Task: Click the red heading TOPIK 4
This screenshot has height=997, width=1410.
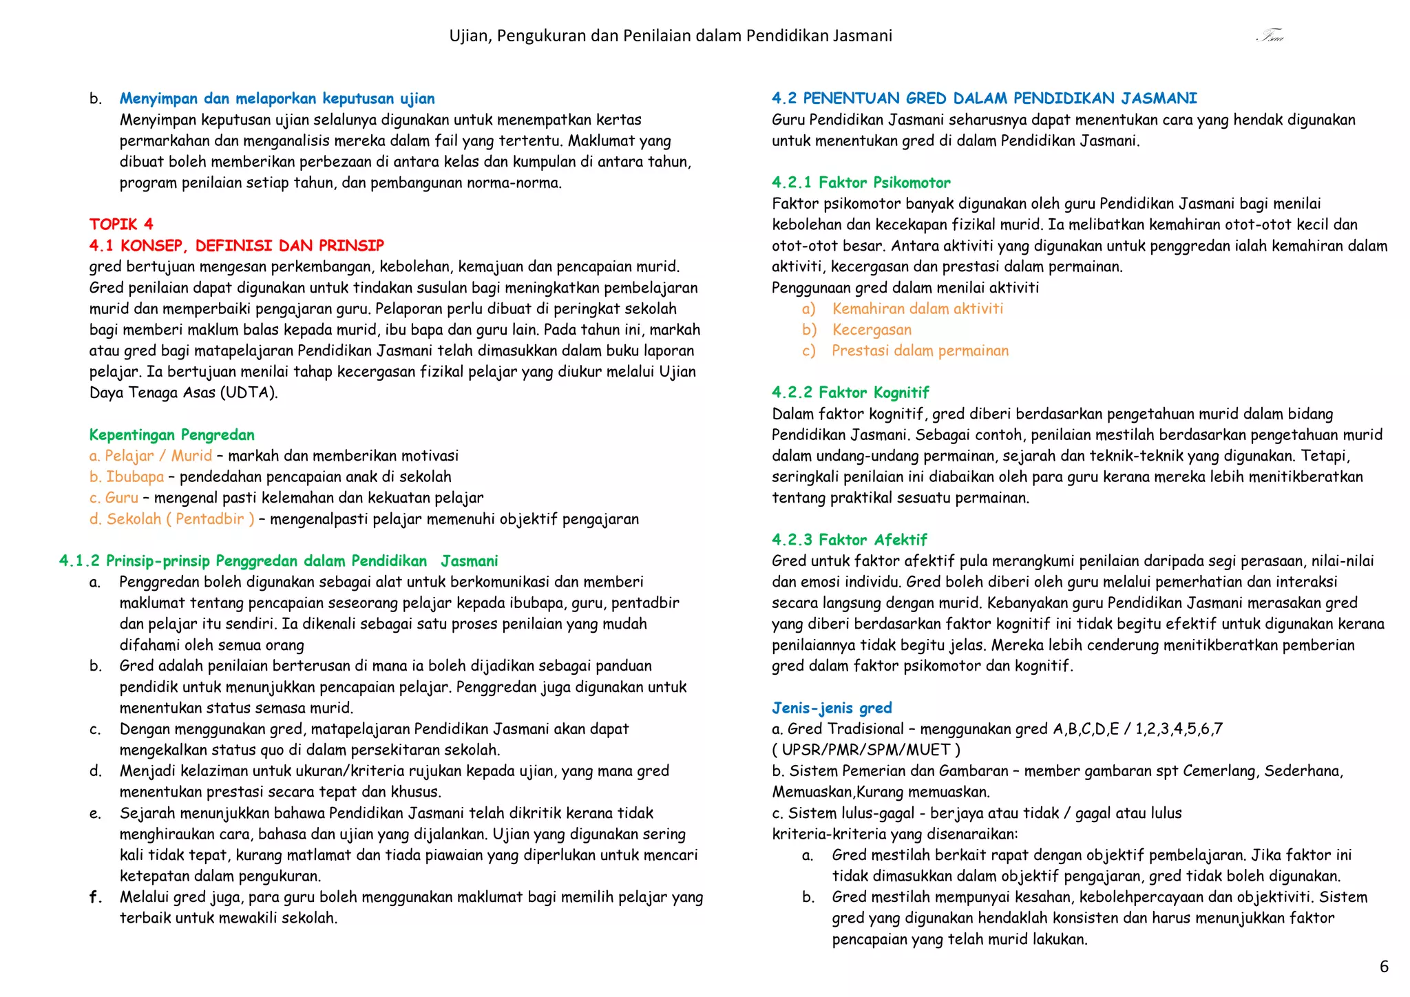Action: tap(121, 224)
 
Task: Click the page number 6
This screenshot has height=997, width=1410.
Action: tap(1384, 967)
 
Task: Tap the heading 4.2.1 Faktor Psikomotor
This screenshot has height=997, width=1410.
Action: tap(861, 182)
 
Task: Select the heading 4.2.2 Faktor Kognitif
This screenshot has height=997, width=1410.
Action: tap(850, 392)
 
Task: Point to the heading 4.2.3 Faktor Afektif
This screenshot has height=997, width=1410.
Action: tap(849, 540)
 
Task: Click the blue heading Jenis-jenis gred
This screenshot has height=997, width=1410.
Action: tap(832, 708)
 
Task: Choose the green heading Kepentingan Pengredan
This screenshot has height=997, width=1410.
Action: tap(171, 434)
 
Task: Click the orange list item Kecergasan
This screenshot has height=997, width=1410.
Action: tap(872, 330)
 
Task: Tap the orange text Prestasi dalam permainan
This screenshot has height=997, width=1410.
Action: tap(920, 350)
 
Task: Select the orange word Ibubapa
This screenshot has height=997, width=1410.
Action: tap(135, 476)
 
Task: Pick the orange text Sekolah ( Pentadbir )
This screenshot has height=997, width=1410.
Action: tap(180, 519)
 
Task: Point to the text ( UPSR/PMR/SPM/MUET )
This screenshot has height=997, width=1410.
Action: tap(866, 750)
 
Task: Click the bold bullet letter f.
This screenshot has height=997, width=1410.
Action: tap(95, 897)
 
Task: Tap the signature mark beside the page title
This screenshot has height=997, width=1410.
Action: tap(1270, 36)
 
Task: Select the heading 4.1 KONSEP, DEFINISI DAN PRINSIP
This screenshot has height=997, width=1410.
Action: tap(236, 246)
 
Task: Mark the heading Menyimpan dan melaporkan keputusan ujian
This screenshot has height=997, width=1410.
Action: tap(277, 98)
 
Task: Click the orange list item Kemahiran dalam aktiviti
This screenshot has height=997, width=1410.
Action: tap(917, 308)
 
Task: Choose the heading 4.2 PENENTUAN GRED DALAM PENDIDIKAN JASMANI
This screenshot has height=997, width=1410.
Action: tap(984, 98)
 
